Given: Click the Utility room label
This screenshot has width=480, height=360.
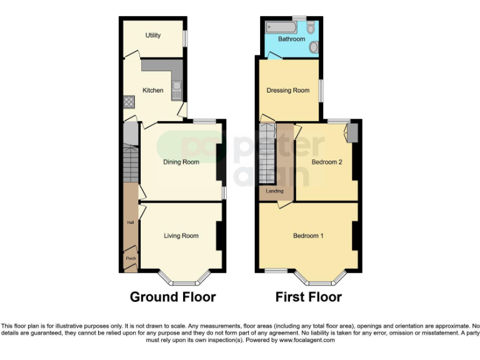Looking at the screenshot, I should (153, 36).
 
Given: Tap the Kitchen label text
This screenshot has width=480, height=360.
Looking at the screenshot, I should (153, 91).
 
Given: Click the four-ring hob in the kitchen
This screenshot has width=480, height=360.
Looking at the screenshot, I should (129, 101).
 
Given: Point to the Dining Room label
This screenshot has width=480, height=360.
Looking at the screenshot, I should (181, 162).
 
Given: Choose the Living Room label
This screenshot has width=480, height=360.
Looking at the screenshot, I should (181, 236).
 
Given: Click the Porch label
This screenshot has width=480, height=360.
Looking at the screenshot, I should (131, 258).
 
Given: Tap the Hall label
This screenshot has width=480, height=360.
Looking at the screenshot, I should (131, 222).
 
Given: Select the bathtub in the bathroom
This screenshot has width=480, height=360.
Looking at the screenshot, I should (281, 27).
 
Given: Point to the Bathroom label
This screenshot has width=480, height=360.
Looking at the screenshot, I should (291, 39).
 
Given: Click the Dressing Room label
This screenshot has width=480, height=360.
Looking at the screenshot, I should (288, 91).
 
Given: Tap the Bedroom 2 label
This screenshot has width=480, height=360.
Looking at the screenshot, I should (327, 162).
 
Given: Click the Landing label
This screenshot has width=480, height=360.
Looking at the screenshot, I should (274, 191).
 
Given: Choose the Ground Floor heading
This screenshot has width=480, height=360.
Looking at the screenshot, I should (172, 297).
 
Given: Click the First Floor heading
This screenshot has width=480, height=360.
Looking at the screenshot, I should (309, 297).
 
